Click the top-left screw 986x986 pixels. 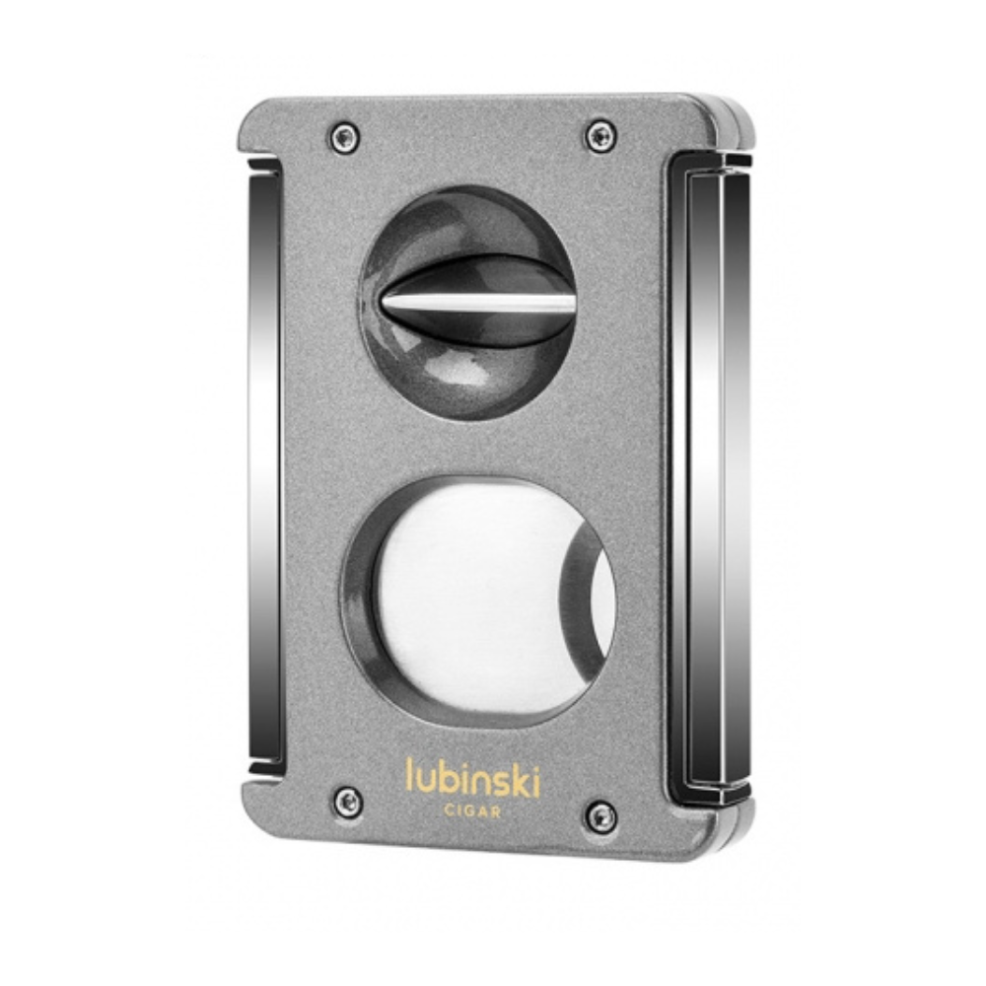(x=345, y=137)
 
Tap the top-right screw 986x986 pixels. (x=601, y=136)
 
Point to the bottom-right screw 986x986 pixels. (x=600, y=816)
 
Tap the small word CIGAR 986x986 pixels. (x=473, y=811)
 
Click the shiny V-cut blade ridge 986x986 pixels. (x=478, y=305)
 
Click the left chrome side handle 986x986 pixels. (x=264, y=465)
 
